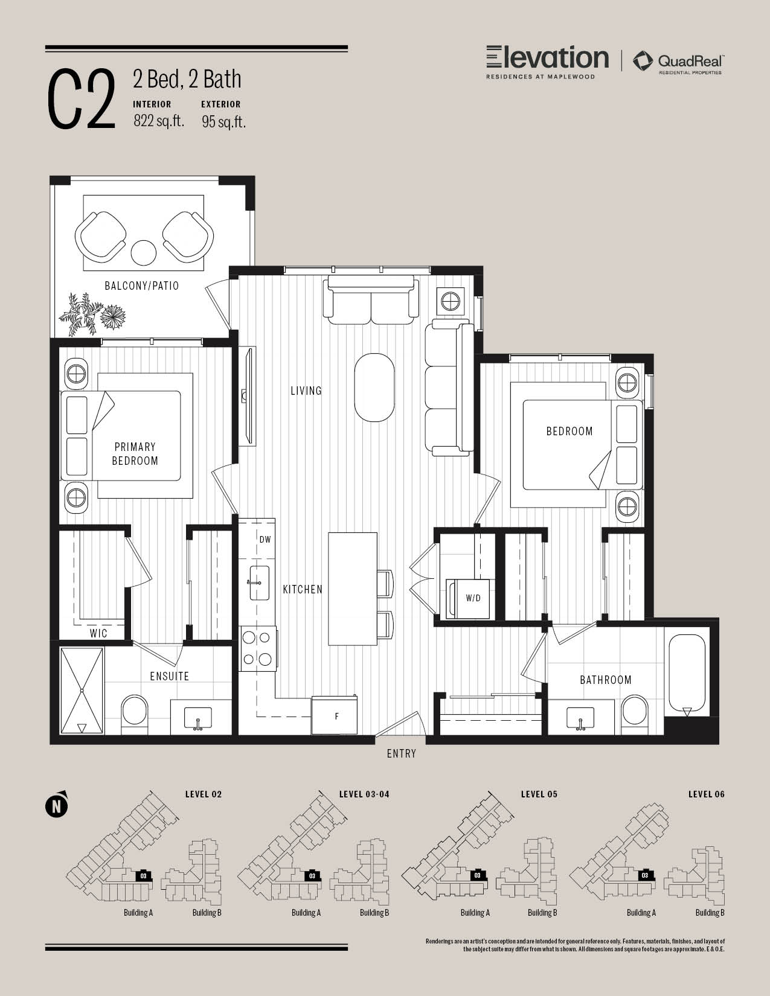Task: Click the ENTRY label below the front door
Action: point(401,753)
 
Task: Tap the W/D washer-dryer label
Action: point(473,598)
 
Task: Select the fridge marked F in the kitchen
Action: point(335,715)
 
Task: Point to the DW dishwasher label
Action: point(265,540)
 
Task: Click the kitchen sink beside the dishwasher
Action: point(259,583)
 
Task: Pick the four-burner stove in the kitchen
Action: point(258,648)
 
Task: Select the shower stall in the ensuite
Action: point(82,691)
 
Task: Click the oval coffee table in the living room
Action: point(374,388)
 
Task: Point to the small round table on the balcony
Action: point(144,252)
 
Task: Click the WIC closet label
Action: point(98,633)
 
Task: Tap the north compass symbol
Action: point(57,805)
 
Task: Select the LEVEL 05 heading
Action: point(539,794)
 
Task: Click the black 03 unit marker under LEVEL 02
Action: point(144,876)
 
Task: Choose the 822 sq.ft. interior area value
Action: point(159,121)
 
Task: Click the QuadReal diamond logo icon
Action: point(643,61)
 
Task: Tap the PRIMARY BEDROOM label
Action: point(135,454)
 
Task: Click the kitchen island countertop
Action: point(353,589)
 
